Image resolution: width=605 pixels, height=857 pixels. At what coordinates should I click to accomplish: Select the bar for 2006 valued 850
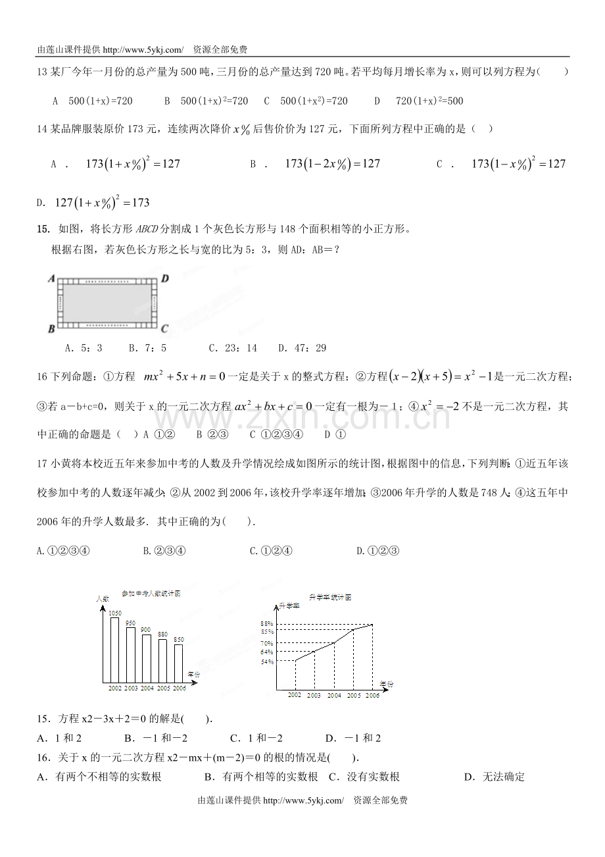[x=179, y=663]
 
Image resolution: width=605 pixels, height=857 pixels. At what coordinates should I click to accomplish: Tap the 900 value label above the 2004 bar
[x=146, y=630]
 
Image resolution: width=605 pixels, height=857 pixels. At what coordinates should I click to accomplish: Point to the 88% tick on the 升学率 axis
[x=266, y=623]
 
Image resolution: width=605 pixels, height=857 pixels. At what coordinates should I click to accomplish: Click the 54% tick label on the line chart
[x=266, y=662]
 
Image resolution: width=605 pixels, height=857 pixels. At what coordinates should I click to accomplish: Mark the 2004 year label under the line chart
[x=334, y=695]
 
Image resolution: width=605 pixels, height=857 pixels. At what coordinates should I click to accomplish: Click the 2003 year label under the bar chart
[x=131, y=688]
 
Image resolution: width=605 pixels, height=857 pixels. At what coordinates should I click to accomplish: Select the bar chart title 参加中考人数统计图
[x=151, y=593]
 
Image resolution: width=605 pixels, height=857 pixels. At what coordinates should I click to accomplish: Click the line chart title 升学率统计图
[x=330, y=597]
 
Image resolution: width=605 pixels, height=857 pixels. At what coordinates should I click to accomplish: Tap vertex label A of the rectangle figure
[x=51, y=278]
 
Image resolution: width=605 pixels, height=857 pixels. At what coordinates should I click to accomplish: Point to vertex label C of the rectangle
[x=164, y=328]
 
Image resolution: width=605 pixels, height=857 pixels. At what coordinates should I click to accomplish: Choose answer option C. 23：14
[x=233, y=348]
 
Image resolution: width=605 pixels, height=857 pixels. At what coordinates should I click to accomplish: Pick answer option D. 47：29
[x=302, y=348]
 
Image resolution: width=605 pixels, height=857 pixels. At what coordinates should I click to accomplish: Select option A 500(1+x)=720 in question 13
[x=93, y=101]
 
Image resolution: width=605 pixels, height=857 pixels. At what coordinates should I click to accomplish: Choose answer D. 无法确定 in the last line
[x=494, y=777]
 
